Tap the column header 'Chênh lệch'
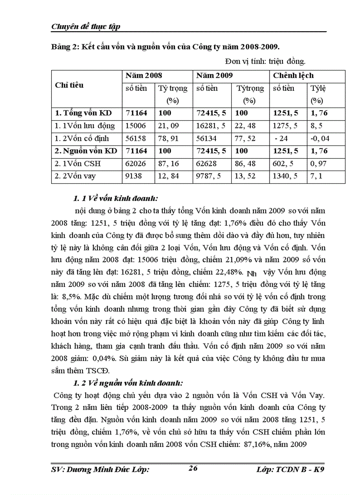coord(293,76)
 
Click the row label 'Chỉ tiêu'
coord(69,85)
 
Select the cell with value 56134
coord(207,138)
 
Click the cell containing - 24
coord(281,138)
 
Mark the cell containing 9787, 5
coord(211,176)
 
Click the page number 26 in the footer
coord(192,468)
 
